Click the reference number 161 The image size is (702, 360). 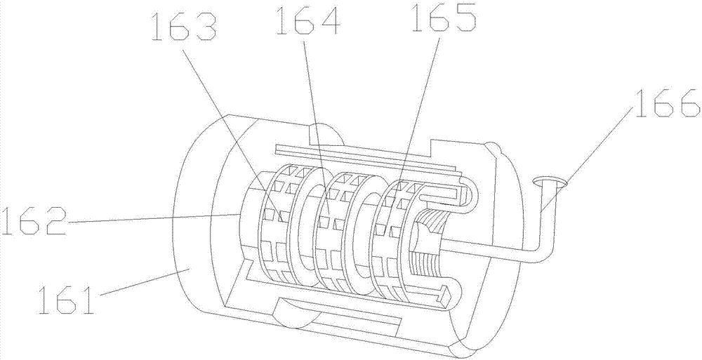[67, 300]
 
